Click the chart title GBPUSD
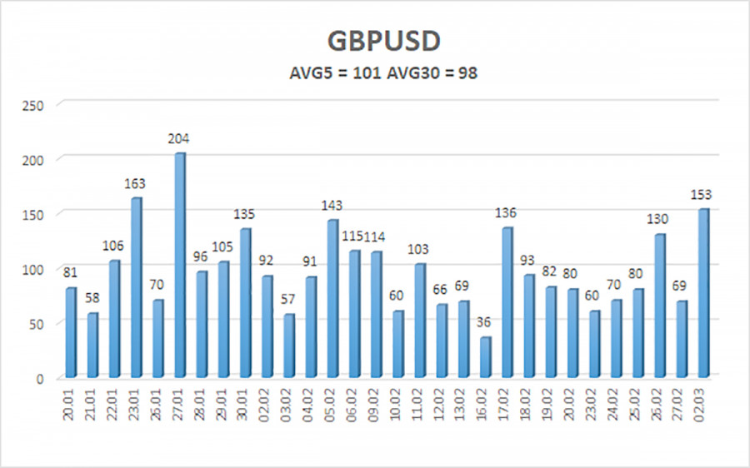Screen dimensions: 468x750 pos(374,42)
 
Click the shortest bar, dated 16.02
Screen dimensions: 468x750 pos(485,357)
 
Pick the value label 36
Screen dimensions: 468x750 pos(485,325)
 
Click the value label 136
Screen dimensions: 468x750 pos(507,213)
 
